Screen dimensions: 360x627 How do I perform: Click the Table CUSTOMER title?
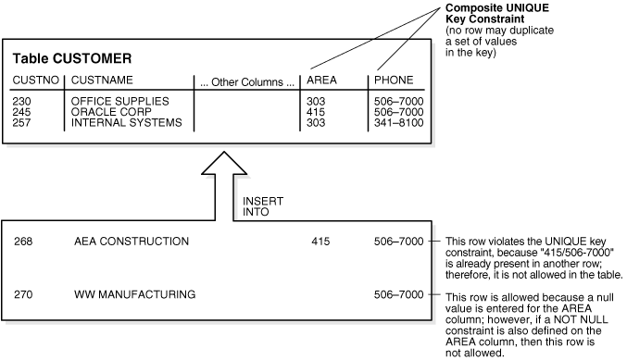coord(71,57)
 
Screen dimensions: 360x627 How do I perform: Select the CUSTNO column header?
coord(31,81)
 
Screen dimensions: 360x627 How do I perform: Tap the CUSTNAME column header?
coord(102,81)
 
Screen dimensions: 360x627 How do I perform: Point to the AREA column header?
coord(321,81)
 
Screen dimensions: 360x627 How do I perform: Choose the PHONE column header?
coord(394,81)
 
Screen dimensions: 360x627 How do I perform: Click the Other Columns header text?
coord(246,82)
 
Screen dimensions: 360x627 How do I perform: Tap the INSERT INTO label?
coord(257,206)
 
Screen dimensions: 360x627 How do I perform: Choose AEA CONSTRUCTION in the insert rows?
coord(132,242)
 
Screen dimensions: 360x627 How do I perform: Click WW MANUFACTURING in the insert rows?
coord(134,295)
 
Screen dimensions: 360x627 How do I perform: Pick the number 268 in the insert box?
coord(24,242)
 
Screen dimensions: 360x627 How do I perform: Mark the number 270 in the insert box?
coord(24,295)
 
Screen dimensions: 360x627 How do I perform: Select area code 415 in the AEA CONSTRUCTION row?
coord(320,242)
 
